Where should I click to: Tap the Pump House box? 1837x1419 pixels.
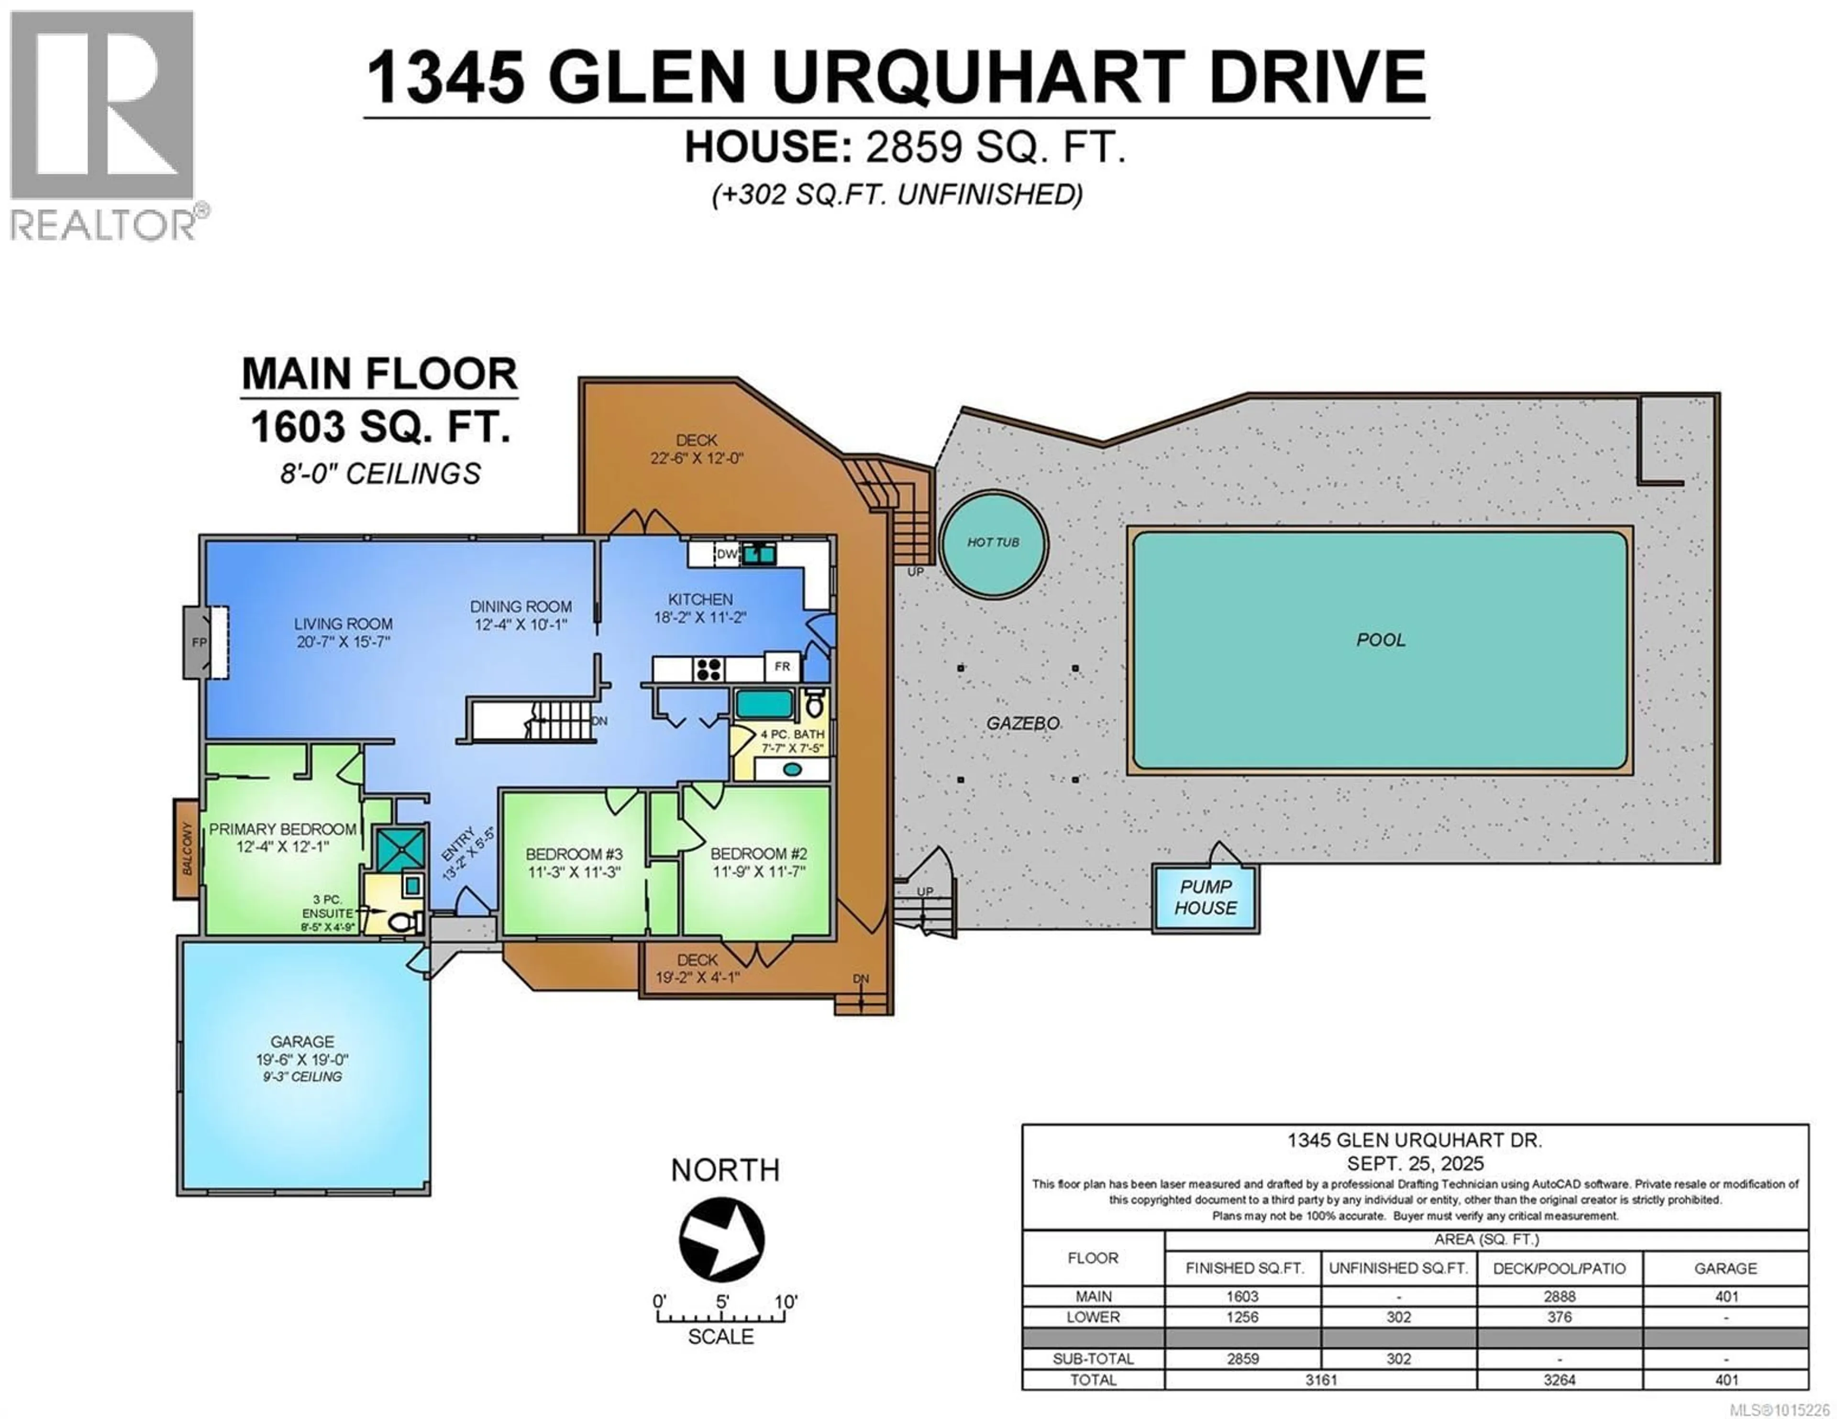point(1206,898)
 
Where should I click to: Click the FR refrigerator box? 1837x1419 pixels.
point(782,667)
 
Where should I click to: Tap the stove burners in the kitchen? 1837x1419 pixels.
point(709,669)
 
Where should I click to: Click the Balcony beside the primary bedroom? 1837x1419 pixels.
point(187,849)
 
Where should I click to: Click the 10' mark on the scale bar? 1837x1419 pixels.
point(786,1301)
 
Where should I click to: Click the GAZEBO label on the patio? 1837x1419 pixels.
point(1023,723)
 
